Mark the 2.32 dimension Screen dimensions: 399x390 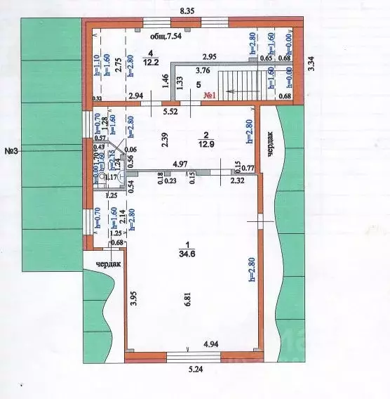pyautogui.click(x=238, y=181)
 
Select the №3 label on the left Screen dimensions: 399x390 pyautogui.click(x=11, y=150)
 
